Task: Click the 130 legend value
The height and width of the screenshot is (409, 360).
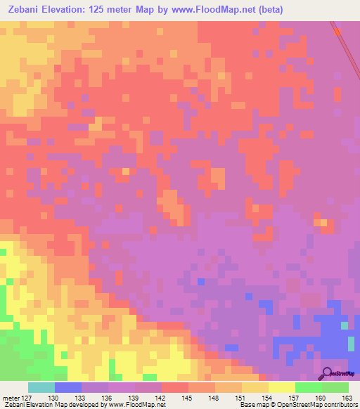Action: [x=54, y=398]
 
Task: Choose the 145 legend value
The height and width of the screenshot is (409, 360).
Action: [x=188, y=398]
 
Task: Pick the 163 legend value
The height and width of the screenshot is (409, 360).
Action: [x=348, y=398]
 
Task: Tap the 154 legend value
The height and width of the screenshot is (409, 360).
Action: [x=268, y=398]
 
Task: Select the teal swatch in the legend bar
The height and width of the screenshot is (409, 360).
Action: [x=41, y=387]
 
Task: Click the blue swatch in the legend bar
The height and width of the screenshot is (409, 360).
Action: [x=67, y=387]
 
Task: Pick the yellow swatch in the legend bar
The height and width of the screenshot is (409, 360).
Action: [x=281, y=387]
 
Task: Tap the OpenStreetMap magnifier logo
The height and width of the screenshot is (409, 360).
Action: [x=326, y=373]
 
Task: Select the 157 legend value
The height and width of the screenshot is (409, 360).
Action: [x=295, y=398]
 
